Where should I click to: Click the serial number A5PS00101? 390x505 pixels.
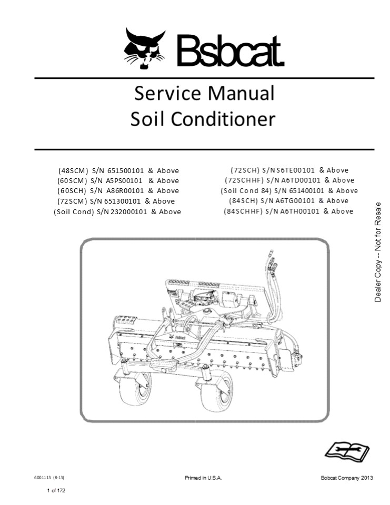point(124,180)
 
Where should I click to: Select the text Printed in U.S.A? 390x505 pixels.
point(203,478)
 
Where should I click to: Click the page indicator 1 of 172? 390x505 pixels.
point(56,490)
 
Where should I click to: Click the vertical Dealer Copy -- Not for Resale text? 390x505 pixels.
point(378,252)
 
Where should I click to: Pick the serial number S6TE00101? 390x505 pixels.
point(291,170)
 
